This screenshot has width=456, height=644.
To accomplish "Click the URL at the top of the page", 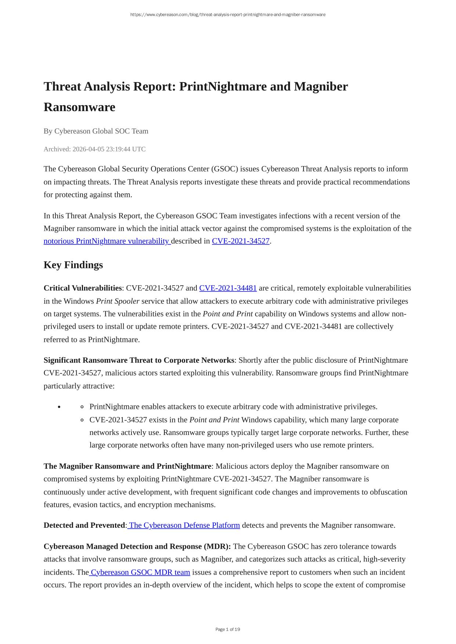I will [x=228, y=15].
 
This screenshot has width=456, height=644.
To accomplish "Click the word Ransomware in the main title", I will [x=79, y=107].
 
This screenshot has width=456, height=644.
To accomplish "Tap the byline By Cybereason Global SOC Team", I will [x=96, y=131].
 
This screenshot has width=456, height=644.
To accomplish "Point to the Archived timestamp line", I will [x=94, y=149].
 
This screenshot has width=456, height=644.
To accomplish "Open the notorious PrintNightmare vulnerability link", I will [x=107, y=241].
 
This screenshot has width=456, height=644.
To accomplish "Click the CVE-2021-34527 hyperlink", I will [x=240, y=241].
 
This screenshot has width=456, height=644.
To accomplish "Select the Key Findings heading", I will [x=73, y=265].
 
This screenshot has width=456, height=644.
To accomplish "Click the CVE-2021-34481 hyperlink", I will [x=228, y=288].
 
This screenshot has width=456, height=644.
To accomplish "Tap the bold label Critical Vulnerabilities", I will [x=83, y=288].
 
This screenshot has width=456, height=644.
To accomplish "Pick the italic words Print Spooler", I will [x=117, y=301].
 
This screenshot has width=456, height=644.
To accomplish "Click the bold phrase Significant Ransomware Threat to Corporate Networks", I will [x=139, y=360].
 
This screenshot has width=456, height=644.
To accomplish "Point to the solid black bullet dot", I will [x=59, y=407].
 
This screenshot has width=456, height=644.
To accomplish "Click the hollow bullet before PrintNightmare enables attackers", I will [x=82, y=407].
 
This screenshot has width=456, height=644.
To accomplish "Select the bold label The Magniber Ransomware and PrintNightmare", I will [x=127, y=466].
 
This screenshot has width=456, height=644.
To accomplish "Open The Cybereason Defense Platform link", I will [x=184, y=525].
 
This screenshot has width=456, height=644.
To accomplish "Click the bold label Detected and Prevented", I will [x=84, y=525].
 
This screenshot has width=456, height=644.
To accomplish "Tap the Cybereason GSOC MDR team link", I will [x=140, y=572].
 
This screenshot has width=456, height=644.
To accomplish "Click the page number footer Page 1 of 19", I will [x=228, y=629].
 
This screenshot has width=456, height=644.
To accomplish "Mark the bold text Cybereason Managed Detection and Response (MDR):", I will [x=137, y=546].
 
